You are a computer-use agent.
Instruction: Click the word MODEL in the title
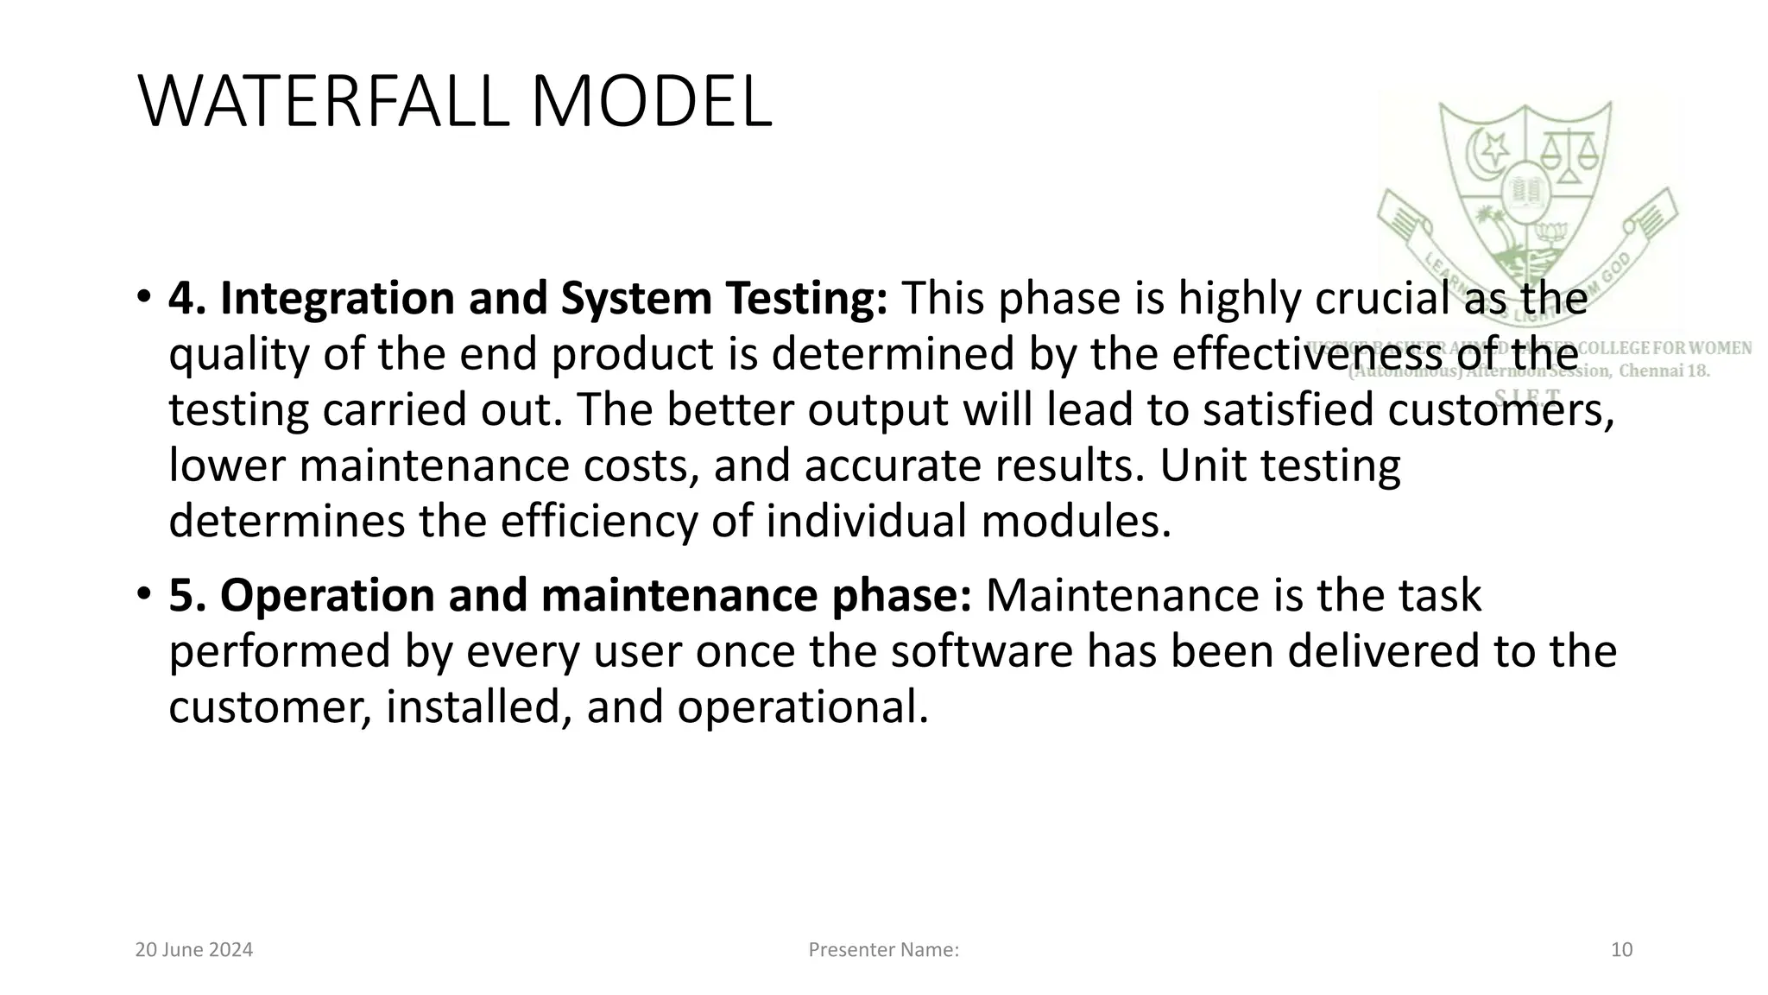(x=651, y=103)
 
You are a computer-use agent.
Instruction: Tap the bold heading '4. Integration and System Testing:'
(x=527, y=298)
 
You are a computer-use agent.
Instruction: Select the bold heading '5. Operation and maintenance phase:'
(x=570, y=596)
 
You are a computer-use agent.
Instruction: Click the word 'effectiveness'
(x=1308, y=354)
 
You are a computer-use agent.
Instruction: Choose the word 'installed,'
(x=479, y=707)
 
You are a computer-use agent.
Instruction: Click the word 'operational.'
(x=803, y=707)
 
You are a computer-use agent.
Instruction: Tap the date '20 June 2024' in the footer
(x=194, y=950)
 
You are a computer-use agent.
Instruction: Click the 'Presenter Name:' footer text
(x=883, y=950)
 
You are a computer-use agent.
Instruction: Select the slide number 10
(x=1621, y=950)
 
